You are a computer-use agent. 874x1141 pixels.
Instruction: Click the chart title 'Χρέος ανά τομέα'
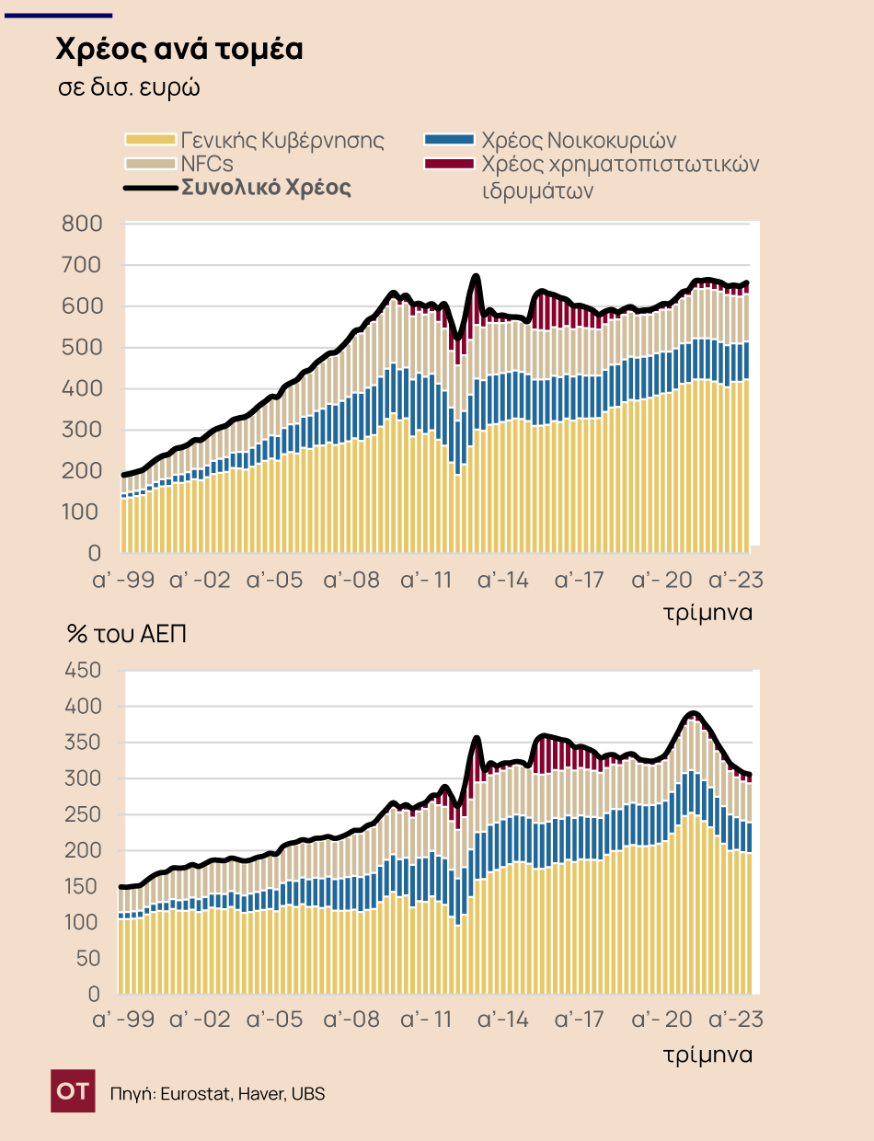pyautogui.click(x=178, y=50)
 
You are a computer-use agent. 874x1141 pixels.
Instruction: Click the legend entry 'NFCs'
pyautogui.click(x=207, y=163)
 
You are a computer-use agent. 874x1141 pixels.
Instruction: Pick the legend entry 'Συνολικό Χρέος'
pyautogui.click(x=266, y=187)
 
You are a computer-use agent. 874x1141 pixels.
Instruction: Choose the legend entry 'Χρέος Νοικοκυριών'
pyautogui.click(x=579, y=140)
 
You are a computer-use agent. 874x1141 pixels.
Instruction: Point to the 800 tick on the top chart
pyautogui.click(x=81, y=224)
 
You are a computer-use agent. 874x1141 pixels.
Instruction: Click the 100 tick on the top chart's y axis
pyautogui.click(x=81, y=512)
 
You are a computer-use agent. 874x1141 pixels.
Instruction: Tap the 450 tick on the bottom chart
pyautogui.click(x=81, y=671)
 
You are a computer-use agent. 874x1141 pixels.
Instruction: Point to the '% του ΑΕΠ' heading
pyautogui.click(x=127, y=634)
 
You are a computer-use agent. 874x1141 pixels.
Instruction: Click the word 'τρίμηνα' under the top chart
pyautogui.click(x=708, y=613)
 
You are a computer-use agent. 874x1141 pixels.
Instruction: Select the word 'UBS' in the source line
pyautogui.click(x=308, y=1093)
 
